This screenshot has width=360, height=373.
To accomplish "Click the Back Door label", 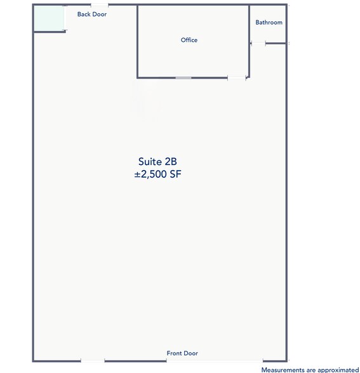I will [x=92, y=13].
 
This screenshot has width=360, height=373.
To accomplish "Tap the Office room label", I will [x=189, y=40].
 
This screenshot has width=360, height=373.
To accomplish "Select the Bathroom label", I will [x=269, y=22].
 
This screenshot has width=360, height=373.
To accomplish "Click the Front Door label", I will [x=182, y=353].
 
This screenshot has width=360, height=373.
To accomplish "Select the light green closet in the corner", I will [x=48, y=18].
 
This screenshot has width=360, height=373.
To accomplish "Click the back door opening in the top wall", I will [x=100, y=5].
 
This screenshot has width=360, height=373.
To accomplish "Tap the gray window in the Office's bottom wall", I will [x=183, y=78].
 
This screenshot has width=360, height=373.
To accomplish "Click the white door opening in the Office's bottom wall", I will [x=236, y=78].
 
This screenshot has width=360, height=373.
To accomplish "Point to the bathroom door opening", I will [x=258, y=43].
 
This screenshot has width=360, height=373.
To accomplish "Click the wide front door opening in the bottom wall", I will [x=215, y=361].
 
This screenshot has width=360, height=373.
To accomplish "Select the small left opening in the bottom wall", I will [x=93, y=361].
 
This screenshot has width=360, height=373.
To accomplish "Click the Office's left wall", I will [x=138, y=41].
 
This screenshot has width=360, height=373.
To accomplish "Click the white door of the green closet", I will [x=65, y=18].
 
